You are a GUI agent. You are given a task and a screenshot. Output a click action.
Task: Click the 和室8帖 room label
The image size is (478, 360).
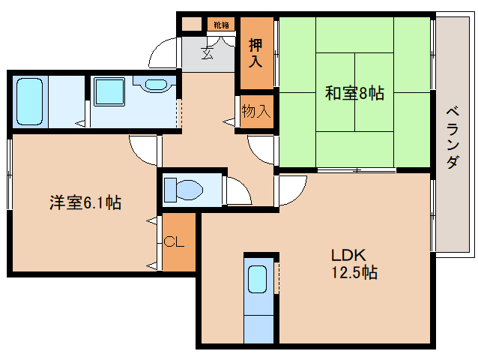coord(354,94)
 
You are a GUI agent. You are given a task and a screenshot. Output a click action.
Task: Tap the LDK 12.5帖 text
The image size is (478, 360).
coord(349,264)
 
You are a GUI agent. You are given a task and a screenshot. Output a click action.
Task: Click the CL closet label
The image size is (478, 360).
coord(174,242)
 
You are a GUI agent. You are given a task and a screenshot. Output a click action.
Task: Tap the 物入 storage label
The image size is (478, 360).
coord(255,112)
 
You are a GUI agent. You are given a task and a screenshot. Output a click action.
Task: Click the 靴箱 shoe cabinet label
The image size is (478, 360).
coord(221,25)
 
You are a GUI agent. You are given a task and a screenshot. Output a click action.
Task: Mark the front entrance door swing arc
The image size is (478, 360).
coord(163,52)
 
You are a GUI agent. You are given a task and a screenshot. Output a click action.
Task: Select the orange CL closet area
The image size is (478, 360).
coord(179,242)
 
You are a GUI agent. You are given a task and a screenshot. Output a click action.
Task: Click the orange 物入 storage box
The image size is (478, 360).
coord(255,112)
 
